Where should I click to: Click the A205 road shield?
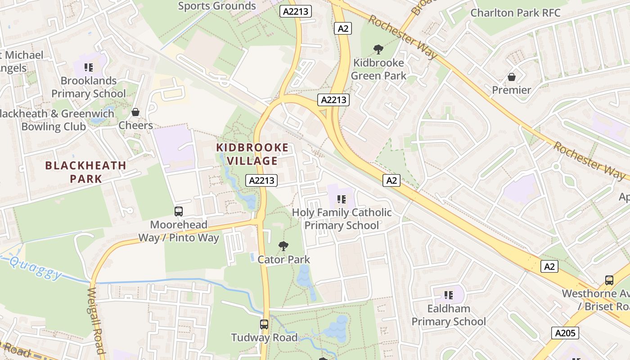(565, 333)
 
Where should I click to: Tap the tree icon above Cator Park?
(283, 246)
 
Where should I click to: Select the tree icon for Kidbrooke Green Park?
(378, 49)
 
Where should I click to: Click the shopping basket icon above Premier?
(511, 77)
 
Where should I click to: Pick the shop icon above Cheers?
(135, 112)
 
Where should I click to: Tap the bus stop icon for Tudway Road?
(264, 324)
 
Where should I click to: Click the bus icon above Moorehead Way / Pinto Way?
(179, 211)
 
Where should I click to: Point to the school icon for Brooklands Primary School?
(89, 67)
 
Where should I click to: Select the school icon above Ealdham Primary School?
(448, 295)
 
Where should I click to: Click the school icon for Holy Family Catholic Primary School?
(342, 199)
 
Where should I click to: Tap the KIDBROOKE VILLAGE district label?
(252, 154)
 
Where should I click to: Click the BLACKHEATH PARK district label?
(85, 171)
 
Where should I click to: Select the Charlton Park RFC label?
(515, 13)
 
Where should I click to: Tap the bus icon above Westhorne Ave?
(609, 280)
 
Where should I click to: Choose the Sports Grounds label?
(217, 6)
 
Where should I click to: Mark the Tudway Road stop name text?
(264, 337)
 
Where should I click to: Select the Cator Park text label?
(283, 260)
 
